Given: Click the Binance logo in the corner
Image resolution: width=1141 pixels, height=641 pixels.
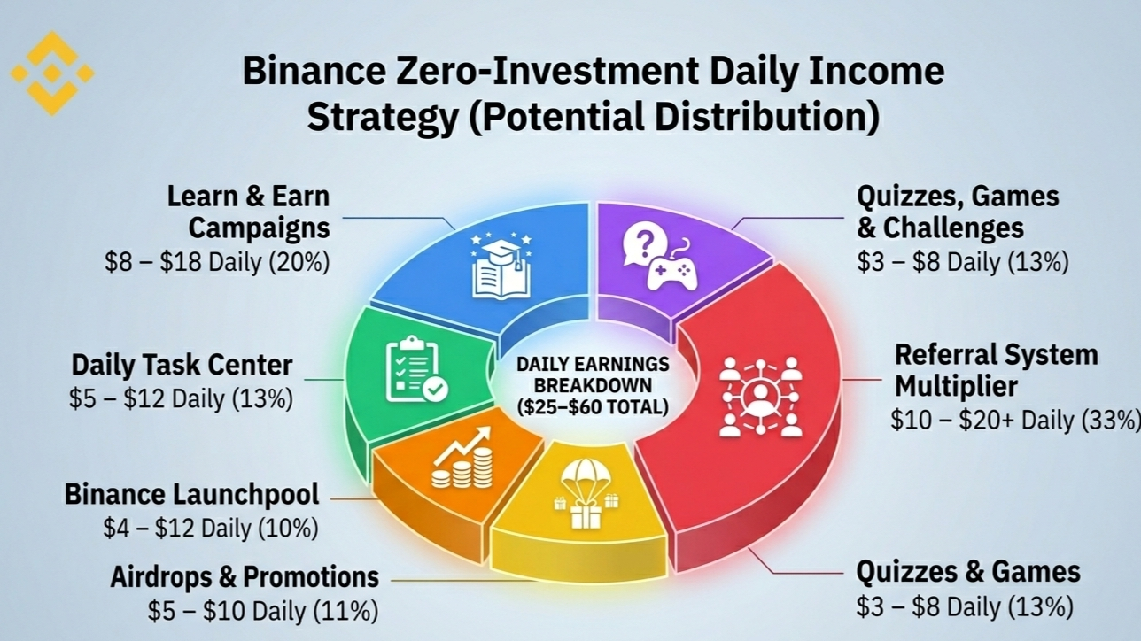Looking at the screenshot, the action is [52, 73].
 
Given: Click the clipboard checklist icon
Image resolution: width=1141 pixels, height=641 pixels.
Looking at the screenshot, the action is [416, 369].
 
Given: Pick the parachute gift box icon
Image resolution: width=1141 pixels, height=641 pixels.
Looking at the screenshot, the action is [586, 493].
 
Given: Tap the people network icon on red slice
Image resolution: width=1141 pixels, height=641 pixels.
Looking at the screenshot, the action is [760, 397].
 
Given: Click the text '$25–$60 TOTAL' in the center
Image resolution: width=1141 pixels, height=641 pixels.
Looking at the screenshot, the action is [593, 406].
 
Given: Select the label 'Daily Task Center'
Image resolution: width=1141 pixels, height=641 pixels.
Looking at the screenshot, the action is [182, 365].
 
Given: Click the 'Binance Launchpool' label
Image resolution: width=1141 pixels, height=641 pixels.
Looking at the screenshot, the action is [191, 494].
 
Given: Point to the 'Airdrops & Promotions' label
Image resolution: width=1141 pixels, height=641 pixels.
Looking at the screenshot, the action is [244, 577].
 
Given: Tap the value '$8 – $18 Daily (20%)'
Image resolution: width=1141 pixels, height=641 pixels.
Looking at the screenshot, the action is [218, 262].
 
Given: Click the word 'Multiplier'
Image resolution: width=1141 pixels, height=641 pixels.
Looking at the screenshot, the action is [956, 386].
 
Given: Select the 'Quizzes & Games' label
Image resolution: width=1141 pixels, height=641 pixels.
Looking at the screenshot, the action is [968, 572].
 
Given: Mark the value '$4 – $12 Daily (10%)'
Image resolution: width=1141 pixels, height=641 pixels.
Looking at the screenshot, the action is [211, 528].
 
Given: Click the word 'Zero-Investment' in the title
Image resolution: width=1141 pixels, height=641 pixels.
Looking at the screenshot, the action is [547, 71].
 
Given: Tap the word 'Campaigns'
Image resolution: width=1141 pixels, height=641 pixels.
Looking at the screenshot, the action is [260, 228].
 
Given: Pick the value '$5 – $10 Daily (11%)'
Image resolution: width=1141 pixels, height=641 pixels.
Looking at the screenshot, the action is [263, 611].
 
